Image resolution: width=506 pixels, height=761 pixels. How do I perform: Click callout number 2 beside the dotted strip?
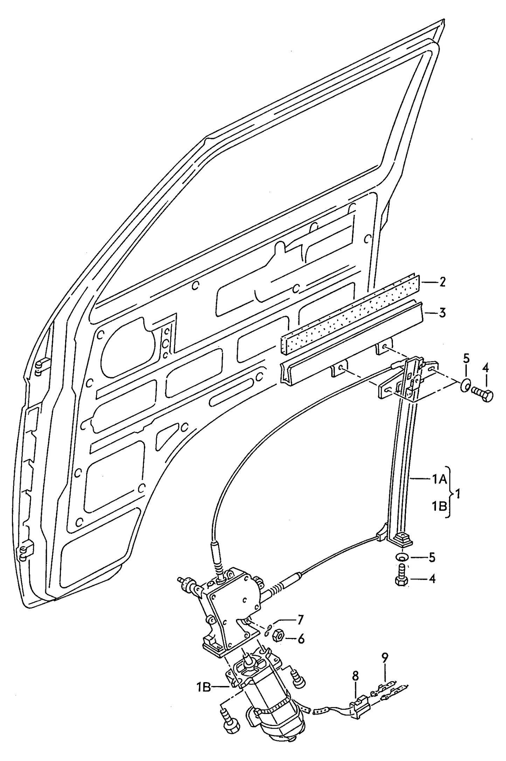[442, 282]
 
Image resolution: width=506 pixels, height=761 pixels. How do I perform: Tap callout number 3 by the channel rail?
[442, 312]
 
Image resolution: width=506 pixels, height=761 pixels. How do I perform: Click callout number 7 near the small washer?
[300, 620]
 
